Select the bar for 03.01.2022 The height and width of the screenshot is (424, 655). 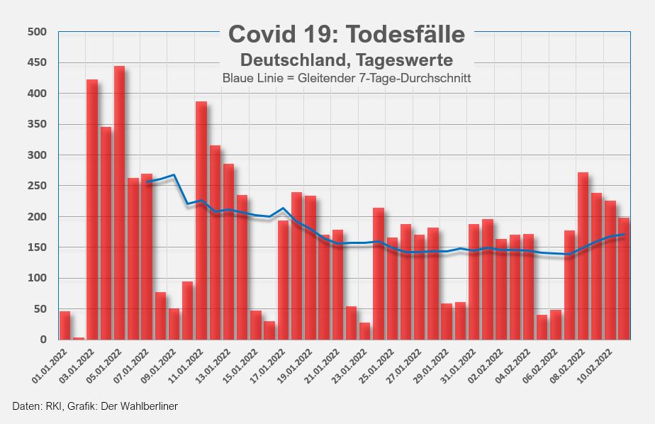[92, 209]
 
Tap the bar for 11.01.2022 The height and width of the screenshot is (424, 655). [201, 221]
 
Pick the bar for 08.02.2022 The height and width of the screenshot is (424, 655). [583, 256]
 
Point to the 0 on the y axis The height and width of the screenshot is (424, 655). [43, 340]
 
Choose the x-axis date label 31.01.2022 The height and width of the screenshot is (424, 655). [461, 365]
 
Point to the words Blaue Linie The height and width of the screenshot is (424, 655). [245, 77]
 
